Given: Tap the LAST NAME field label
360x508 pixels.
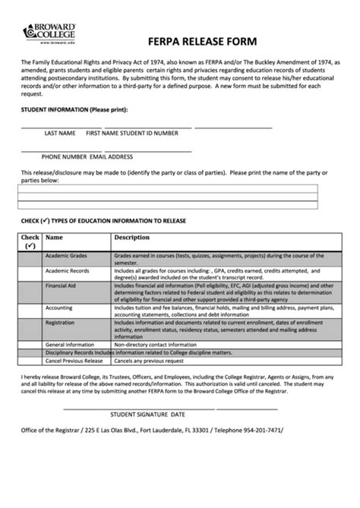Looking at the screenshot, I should tap(60, 133).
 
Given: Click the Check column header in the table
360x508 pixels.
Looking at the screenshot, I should tap(30, 241).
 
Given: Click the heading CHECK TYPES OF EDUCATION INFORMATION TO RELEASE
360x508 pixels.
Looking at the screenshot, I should tap(103, 221).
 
